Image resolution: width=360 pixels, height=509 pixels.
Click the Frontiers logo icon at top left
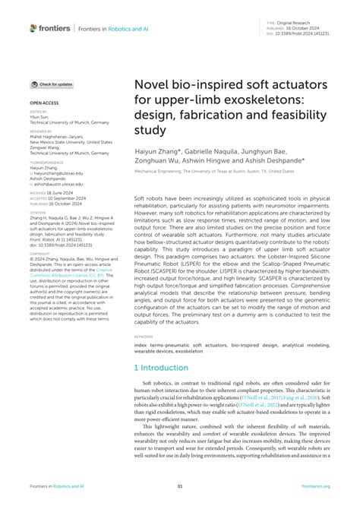pos(33,28)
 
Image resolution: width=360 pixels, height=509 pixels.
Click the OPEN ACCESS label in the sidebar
pos(43,101)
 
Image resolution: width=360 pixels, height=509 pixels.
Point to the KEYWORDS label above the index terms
pos(144,337)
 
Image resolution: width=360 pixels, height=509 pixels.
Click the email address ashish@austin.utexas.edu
pos(58,185)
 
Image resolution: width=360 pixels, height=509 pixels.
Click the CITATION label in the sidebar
pos(38,212)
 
